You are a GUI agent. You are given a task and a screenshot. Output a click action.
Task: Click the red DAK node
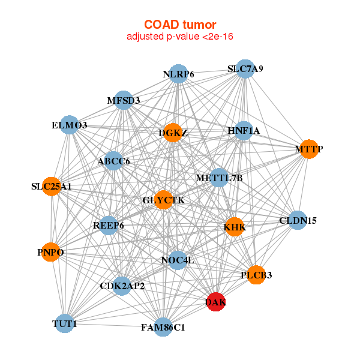coord(215,302)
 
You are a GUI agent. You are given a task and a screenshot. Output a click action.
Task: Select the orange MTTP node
coord(309,149)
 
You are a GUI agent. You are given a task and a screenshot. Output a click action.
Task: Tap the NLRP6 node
coord(178,74)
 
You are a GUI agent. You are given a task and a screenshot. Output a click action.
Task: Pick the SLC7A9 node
coord(245,69)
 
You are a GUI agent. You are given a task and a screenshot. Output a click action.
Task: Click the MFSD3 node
coord(124,100)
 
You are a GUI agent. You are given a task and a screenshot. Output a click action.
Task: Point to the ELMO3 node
coord(70,125)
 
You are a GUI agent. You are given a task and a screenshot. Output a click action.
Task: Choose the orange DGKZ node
coord(173,133)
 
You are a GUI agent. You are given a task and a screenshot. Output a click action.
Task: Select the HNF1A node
coord(244,131)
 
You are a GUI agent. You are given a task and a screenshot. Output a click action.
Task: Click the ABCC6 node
coord(113,161)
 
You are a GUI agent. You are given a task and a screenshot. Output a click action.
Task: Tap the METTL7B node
coord(219,178)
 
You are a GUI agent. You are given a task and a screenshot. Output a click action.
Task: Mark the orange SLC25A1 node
coord(52,187)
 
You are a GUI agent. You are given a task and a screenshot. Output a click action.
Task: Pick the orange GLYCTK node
coord(163,200)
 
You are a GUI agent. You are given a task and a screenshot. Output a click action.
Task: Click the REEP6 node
coord(109,226)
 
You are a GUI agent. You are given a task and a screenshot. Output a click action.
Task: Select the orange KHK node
coord(235,227)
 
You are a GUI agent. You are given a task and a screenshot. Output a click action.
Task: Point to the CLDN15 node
coord(298,220)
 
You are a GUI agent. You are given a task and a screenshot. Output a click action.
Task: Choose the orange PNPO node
coord(51,252)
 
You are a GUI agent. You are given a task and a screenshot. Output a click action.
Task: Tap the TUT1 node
coord(65,323)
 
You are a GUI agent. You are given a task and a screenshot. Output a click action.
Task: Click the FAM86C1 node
coord(163,327)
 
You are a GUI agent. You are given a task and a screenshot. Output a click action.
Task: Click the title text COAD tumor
coord(180,25)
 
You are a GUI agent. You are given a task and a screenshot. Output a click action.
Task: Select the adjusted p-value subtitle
coord(180,37)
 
